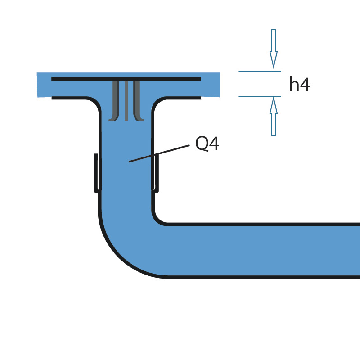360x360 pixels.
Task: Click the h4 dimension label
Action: [x=299, y=85]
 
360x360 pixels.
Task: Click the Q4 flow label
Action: [x=207, y=144]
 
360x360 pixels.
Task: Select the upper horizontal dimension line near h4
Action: [x=260, y=71]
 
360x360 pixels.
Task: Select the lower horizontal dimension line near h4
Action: [x=260, y=96]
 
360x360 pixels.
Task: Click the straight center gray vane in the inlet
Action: [x=126, y=101]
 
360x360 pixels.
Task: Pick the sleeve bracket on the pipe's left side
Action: [x=96, y=173]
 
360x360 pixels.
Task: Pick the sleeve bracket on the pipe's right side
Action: [x=157, y=173]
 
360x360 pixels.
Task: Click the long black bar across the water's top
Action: [x=126, y=79]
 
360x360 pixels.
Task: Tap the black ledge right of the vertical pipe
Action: [x=184, y=98]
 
